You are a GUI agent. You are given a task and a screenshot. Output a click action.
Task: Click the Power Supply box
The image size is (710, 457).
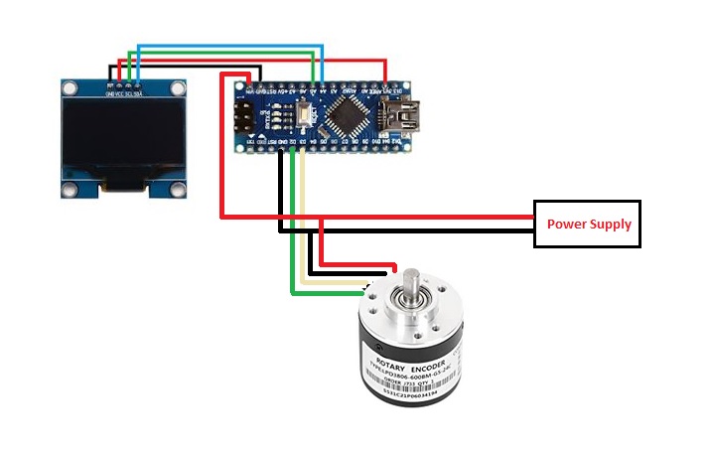pyautogui.click(x=589, y=224)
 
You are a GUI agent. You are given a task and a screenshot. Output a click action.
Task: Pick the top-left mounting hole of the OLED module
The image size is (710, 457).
pyautogui.click(x=71, y=88)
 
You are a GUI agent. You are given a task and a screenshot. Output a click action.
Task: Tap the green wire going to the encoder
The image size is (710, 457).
pyautogui.click(x=328, y=293)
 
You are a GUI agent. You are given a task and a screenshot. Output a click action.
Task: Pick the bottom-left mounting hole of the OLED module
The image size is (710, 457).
pyautogui.click(x=71, y=189)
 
